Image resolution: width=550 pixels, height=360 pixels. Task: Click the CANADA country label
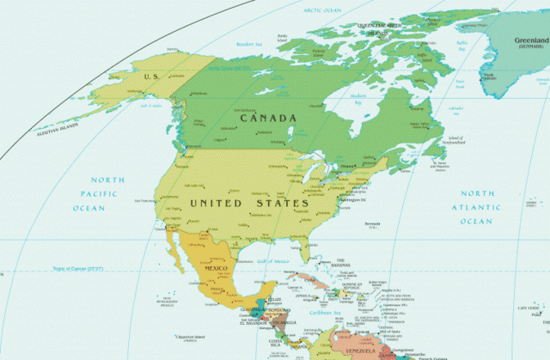coord(268,118)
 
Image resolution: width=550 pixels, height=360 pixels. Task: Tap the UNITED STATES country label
coord(248,203)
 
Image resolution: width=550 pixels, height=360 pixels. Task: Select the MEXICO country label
coord(215,269)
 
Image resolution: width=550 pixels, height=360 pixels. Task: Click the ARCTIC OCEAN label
coord(323,9)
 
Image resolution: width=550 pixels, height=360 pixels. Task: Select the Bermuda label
coord(372,226)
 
